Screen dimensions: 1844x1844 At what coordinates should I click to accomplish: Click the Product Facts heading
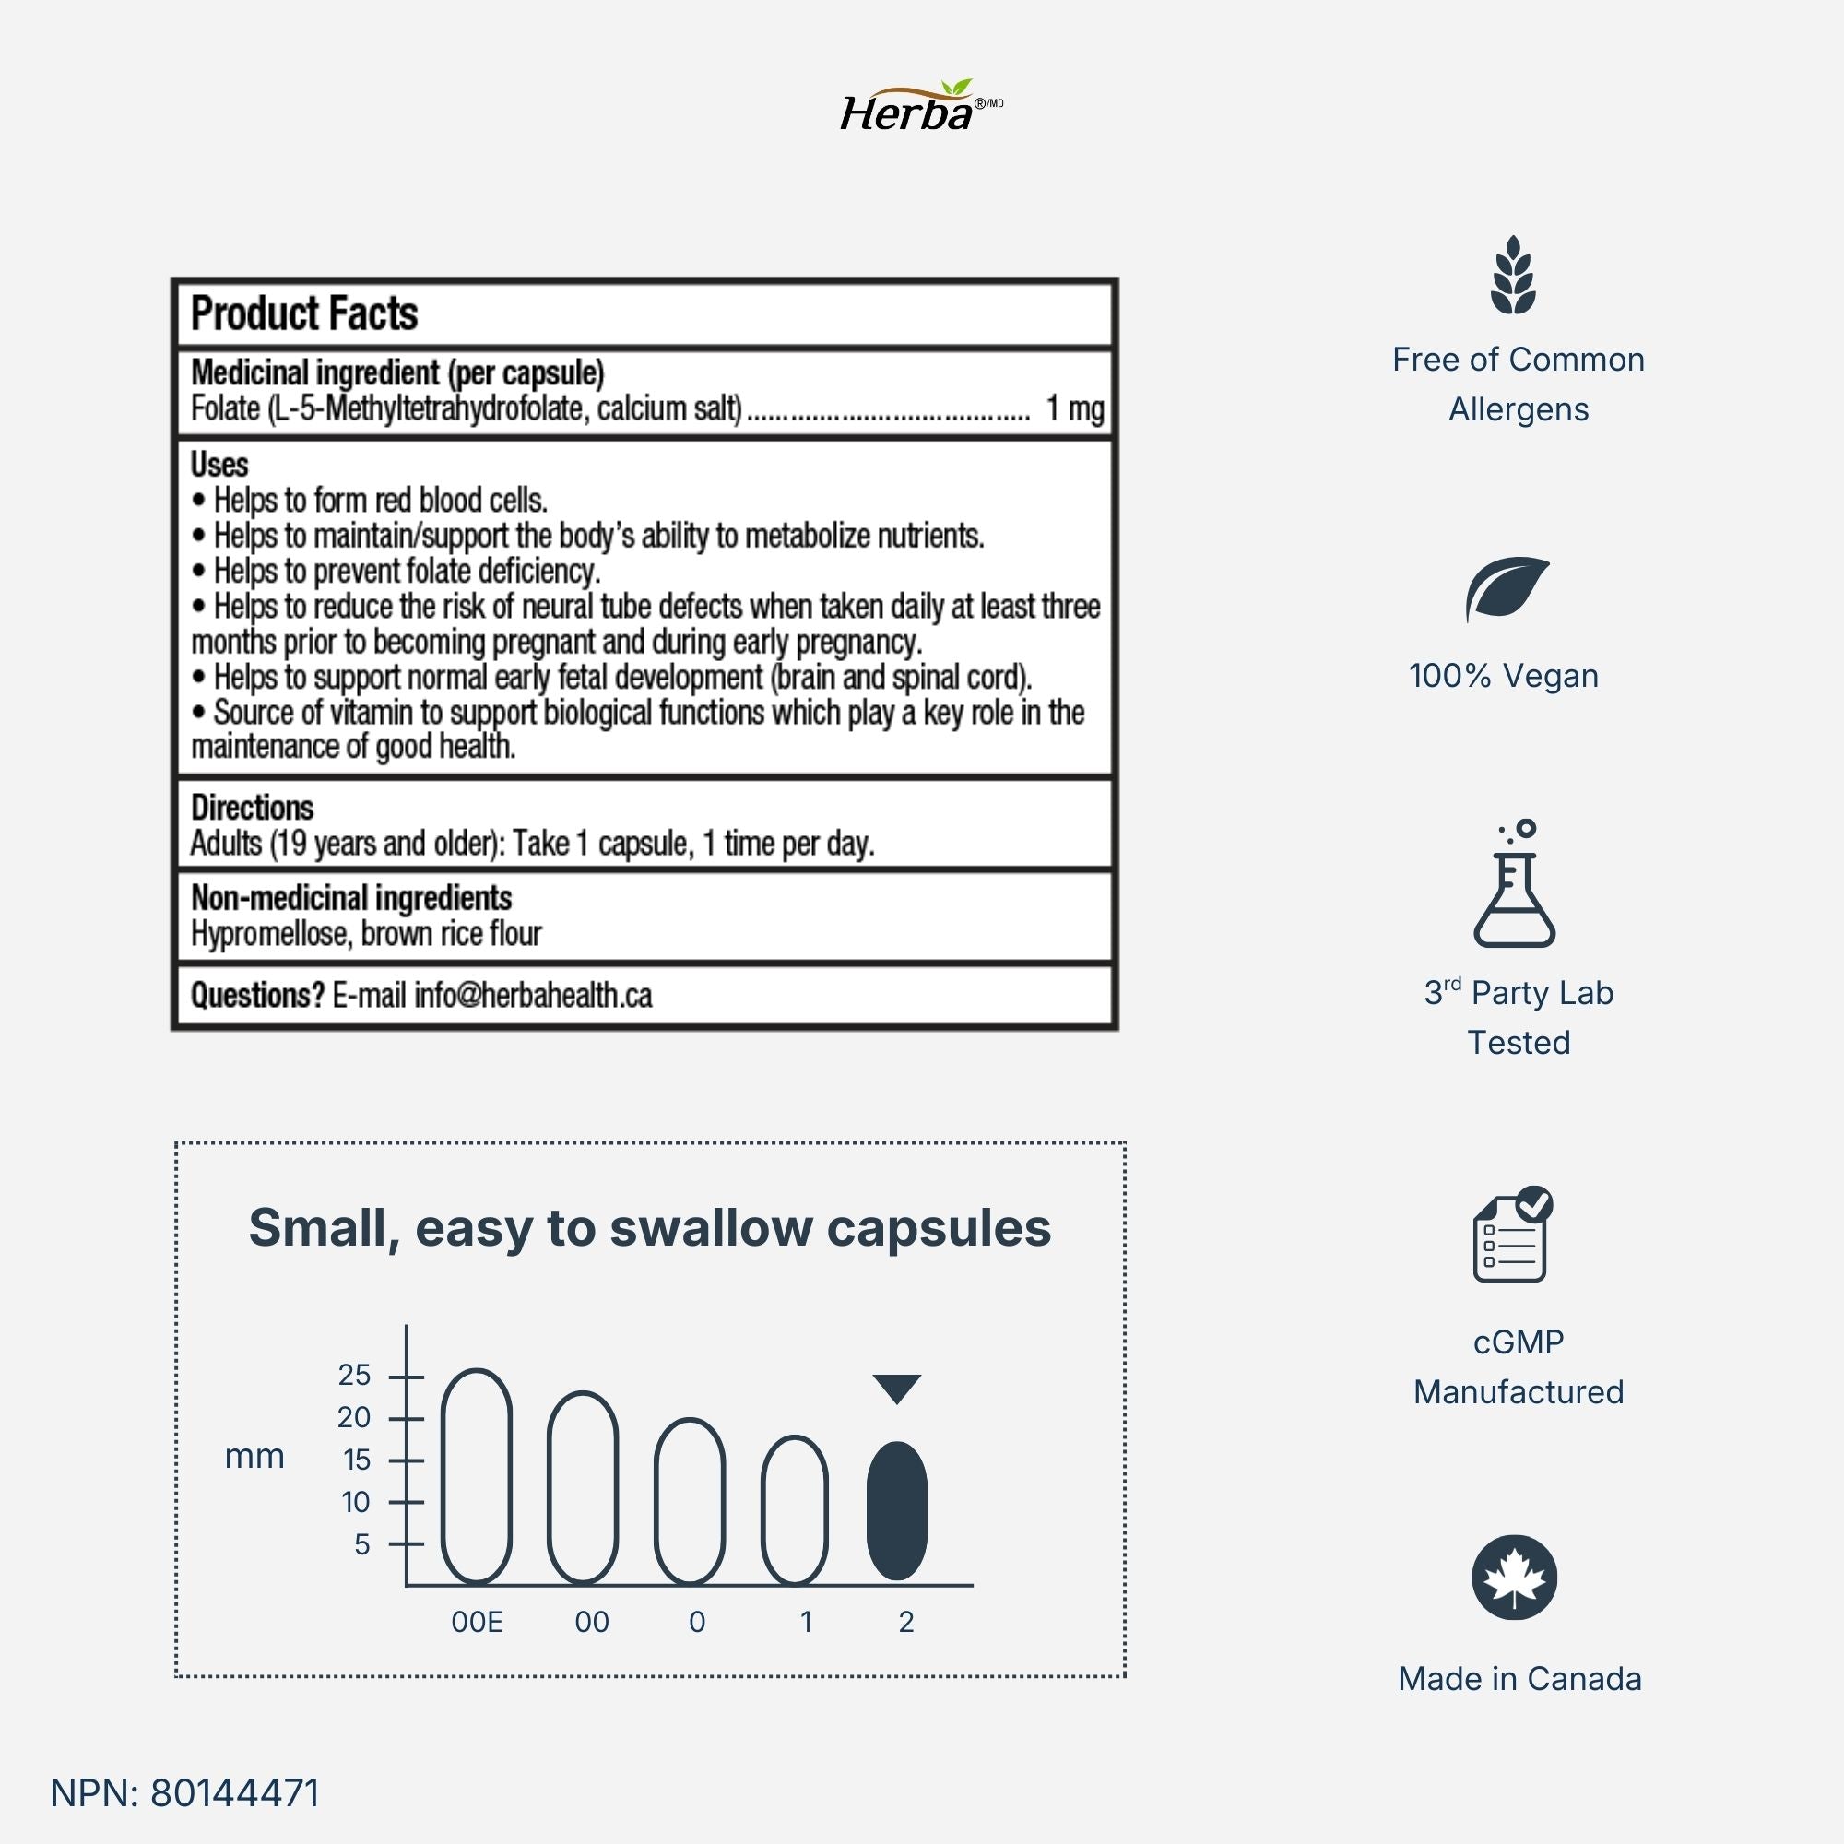[303, 314]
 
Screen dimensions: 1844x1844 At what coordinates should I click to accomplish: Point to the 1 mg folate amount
[1075, 408]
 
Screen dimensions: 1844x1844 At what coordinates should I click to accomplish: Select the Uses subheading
[219, 465]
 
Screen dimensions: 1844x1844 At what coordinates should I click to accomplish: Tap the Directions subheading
[252, 808]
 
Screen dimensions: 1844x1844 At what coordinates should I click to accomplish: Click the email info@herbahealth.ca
[533, 996]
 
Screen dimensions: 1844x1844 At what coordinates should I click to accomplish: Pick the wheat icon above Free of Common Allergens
[1514, 276]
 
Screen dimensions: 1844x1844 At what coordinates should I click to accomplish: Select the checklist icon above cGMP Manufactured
[1512, 1235]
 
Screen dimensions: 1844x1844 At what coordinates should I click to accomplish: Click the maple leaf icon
[1515, 1578]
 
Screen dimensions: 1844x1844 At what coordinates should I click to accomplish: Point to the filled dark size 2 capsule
[897, 1510]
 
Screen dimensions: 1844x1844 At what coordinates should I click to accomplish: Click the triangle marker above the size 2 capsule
[897, 1388]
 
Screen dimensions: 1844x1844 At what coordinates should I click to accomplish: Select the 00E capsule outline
[477, 1475]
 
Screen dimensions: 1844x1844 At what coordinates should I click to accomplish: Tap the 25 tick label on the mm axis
[354, 1376]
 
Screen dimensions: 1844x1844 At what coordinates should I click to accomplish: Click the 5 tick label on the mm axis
[361, 1544]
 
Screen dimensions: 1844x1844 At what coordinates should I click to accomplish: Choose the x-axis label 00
[592, 1622]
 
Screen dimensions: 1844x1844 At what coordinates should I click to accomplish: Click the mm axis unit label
[254, 1458]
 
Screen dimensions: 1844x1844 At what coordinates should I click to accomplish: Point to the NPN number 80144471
[235, 1792]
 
